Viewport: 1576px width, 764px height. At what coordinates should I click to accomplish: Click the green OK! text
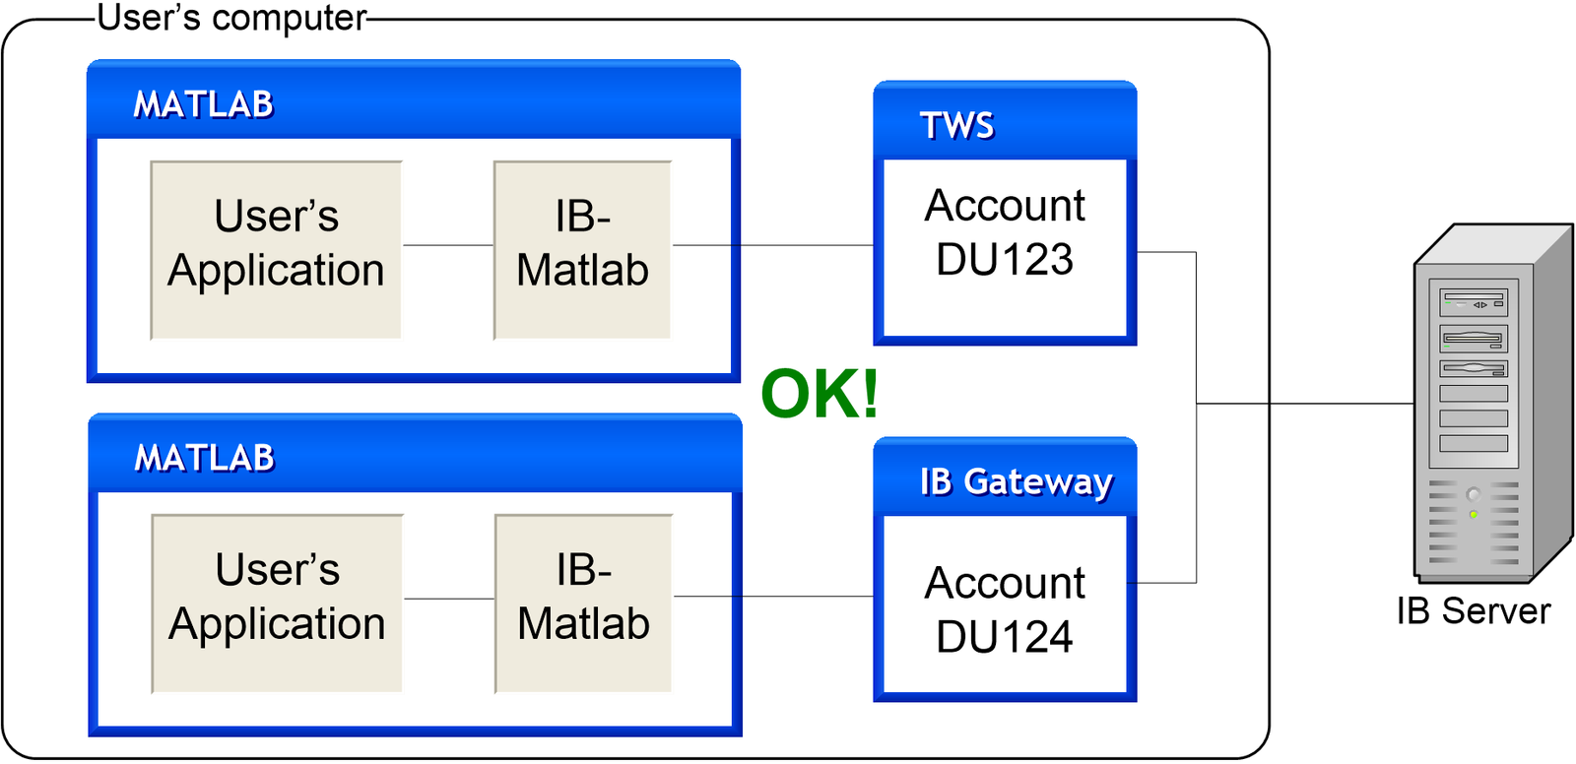click(x=820, y=394)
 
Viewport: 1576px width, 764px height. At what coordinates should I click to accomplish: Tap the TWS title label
click(x=956, y=126)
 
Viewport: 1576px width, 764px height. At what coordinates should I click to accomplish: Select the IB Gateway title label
click(x=1016, y=481)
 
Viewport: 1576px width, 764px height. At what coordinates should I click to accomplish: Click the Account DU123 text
click(x=1005, y=233)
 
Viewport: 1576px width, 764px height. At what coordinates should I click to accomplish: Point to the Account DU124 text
click(x=1005, y=609)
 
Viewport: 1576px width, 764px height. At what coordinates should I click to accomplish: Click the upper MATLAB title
click(x=204, y=104)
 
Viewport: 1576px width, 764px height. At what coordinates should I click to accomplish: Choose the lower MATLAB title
click(x=205, y=458)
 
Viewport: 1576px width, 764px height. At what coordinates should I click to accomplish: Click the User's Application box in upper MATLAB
click(x=276, y=250)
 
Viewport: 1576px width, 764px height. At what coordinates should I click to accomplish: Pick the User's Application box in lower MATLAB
click(x=277, y=604)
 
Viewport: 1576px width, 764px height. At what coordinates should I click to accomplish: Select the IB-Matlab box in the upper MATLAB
click(x=582, y=250)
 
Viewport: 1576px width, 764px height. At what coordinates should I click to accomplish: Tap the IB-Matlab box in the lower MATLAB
click(x=583, y=604)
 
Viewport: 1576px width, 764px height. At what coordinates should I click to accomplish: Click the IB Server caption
click(x=1473, y=611)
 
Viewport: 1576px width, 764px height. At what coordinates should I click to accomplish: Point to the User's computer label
click(x=232, y=18)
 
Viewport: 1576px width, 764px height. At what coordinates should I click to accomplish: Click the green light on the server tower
click(x=1474, y=515)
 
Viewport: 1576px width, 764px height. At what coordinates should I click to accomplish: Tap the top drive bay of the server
click(x=1474, y=300)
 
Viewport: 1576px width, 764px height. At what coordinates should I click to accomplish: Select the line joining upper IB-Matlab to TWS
click(x=773, y=245)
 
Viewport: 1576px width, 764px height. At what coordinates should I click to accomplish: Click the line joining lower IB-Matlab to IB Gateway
click(x=773, y=597)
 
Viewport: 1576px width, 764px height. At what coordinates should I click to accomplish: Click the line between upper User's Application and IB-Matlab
click(x=448, y=245)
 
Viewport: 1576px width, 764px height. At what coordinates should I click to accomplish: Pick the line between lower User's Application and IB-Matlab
click(x=449, y=599)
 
